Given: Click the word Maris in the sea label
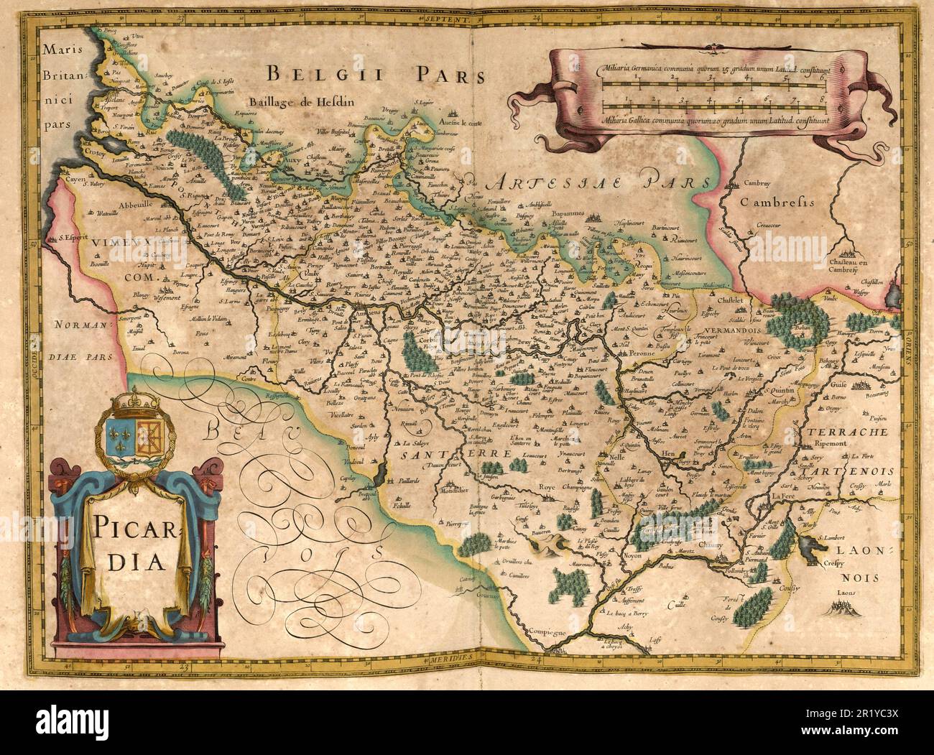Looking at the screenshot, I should point(62,50).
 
